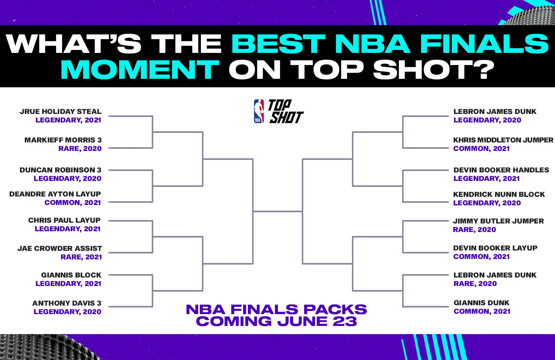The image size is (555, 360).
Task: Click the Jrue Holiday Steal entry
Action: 60,112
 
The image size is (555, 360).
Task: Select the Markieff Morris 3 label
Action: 63,140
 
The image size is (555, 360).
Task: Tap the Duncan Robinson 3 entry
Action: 60,170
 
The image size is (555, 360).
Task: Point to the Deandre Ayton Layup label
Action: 55,194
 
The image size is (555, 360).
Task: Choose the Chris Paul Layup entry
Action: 64,221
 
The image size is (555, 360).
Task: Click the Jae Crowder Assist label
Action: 60,249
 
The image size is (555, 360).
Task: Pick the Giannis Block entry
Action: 71,275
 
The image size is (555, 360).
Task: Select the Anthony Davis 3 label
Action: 67,303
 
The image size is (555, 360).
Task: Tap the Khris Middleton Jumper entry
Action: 503,140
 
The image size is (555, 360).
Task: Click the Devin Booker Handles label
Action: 501,170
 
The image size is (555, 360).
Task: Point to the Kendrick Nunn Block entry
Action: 499,195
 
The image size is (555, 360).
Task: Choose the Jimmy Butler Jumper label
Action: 498,221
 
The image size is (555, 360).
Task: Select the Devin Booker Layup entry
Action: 495,248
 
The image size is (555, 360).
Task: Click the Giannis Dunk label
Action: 481,303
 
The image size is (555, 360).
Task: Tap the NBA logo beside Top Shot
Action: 259,111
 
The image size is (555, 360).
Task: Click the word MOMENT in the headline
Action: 140,70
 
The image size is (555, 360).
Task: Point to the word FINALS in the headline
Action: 484,44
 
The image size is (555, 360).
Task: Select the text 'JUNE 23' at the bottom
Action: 317,321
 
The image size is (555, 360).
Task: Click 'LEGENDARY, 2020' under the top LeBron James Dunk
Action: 487,120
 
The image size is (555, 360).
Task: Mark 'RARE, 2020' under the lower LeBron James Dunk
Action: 475,284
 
